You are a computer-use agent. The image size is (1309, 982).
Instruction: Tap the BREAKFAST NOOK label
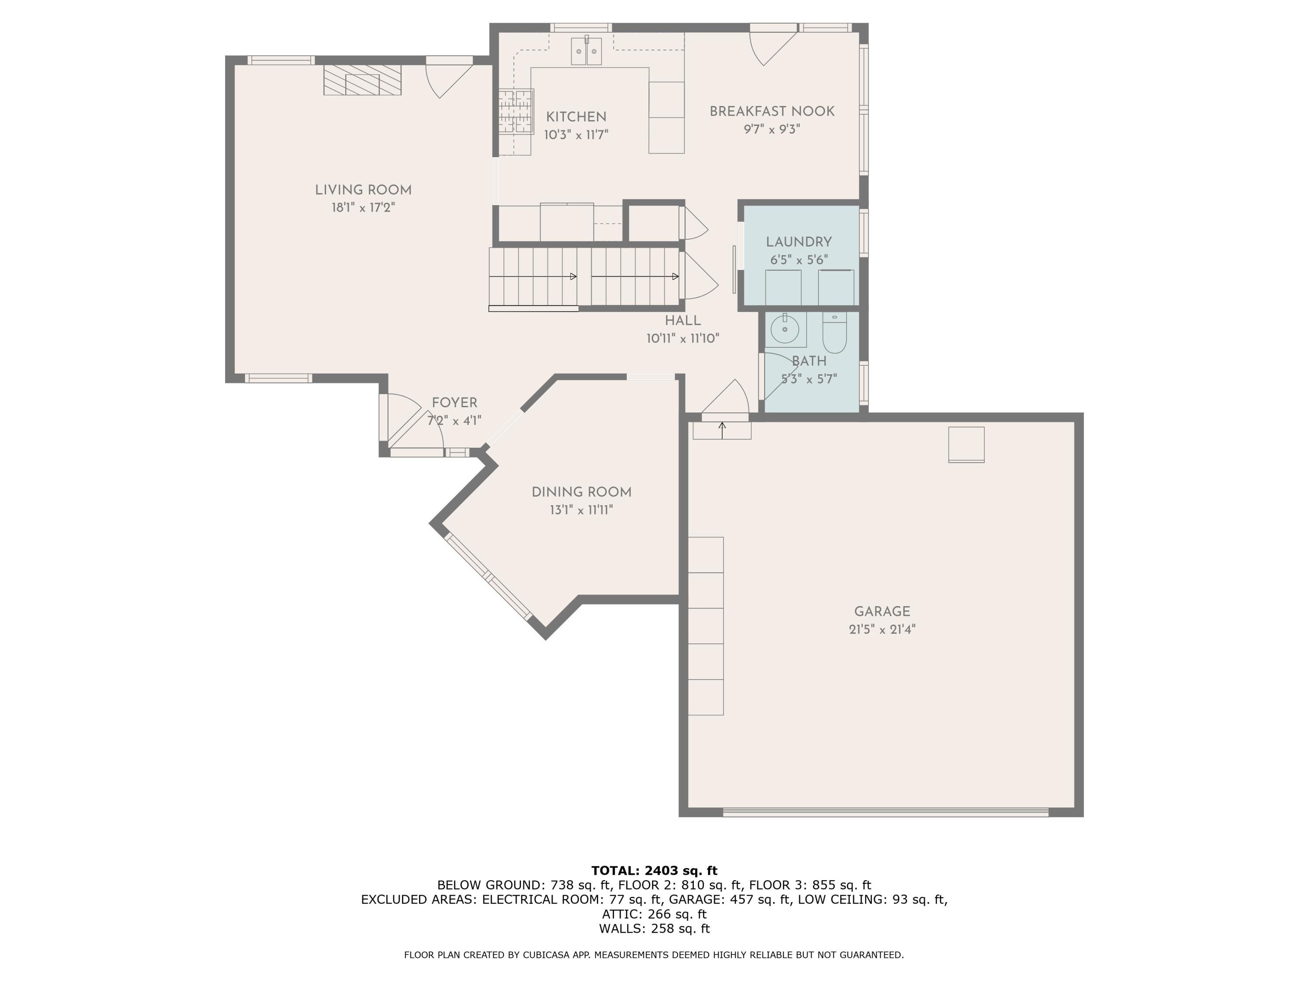click(772, 111)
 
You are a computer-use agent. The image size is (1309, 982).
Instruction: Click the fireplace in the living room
click(362, 80)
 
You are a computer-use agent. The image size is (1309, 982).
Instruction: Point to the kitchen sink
click(586, 51)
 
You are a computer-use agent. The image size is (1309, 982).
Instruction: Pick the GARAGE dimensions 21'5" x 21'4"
click(882, 629)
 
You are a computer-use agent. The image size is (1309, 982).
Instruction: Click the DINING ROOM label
click(581, 492)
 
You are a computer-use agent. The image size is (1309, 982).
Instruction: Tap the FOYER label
click(455, 402)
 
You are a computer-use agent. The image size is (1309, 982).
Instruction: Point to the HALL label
click(682, 321)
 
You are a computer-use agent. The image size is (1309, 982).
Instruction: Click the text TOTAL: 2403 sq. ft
click(654, 870)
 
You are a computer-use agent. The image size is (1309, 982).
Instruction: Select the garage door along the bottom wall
click(886, 812)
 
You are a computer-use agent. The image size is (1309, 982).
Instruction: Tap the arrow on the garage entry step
click(722, 430)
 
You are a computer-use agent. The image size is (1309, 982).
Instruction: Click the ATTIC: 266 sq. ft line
click(654, 914)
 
